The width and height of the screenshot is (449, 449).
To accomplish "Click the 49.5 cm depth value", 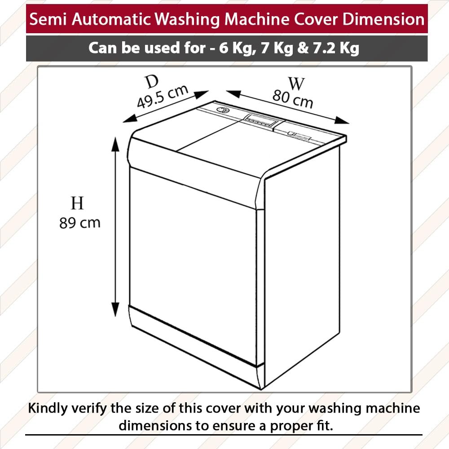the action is tap(163, 97).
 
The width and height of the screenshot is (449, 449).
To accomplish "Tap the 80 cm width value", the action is tap(293, 99).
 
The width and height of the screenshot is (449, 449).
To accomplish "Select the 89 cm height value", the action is tap(80, 223).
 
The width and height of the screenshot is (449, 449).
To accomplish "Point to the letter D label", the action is tap(152, 82).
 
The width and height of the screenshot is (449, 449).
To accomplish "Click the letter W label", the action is tap(296, 84).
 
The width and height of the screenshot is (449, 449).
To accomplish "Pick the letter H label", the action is tap(77, 203).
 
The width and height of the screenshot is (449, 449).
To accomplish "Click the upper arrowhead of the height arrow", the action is tap(115, 145).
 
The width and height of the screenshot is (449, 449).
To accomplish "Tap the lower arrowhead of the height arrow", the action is tap(115, 309).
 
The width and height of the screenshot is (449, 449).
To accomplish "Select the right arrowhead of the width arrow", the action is tap(342, 120).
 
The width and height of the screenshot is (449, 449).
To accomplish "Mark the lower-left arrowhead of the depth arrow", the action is tap(130, 118).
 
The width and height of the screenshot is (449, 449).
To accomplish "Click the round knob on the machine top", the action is tap(222, 110).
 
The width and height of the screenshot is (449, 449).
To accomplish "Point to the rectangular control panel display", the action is tap(260, 119).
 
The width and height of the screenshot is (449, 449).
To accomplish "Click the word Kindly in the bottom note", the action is tap(48, 409).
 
